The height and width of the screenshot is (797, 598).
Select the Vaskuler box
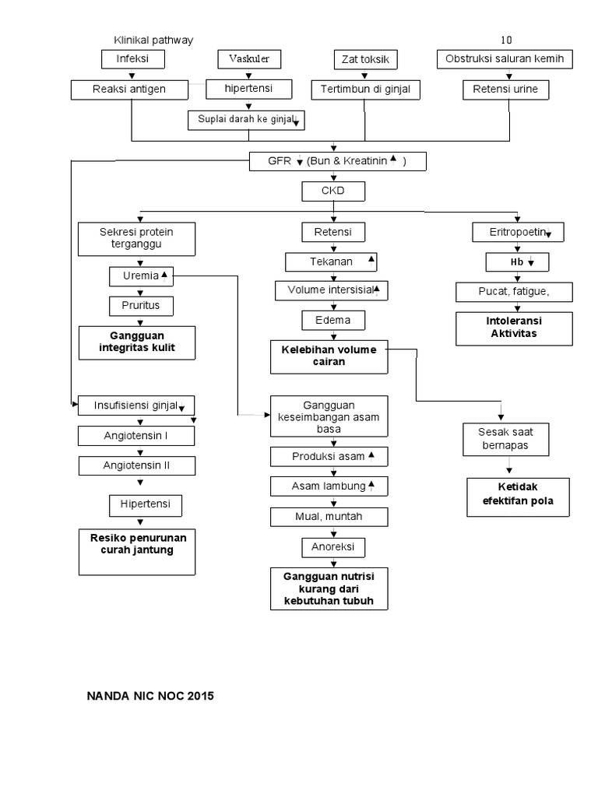click(x=248, y=59)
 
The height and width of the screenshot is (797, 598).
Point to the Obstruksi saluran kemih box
click(x=508, y=59)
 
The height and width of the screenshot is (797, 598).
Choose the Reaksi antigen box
click(x=129, y=90)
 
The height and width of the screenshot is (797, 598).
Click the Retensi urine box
click(x=505, y=90)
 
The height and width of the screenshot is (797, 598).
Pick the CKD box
click(x=332, y=191)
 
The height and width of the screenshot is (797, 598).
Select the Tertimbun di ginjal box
click(x=365, y=90)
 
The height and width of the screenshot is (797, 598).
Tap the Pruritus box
click(x=140, y=306)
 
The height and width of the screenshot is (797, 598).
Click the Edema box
click(x=332, y=320)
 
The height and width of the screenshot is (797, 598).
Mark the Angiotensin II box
click(x=136, y=466)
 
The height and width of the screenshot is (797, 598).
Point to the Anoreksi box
click(x=332, y=547)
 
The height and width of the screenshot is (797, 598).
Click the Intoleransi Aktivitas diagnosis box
click(x=514, y=327)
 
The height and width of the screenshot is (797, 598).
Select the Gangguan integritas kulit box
click(x=136, y=342)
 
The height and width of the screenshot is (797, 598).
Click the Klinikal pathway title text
click(x=153, y=40)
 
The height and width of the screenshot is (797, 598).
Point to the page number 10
click(x=507, y=40)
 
